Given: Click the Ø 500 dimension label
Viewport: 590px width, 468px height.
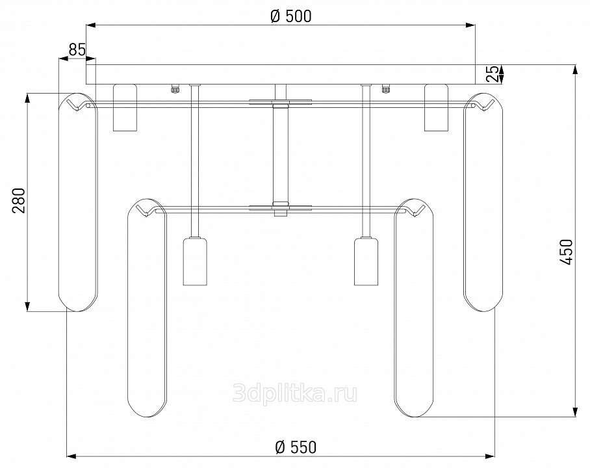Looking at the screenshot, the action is (x=291, y=16).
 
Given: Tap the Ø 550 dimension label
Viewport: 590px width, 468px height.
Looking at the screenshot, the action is (x=296, y=447).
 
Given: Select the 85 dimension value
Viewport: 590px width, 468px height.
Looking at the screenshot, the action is (x=77, y=49).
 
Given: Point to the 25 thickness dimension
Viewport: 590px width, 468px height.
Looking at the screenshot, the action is (x=493, y=74).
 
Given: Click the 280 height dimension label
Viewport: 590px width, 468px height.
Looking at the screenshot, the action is (x=19, y=200).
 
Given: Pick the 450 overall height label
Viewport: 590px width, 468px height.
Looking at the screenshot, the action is (x=567, y=252).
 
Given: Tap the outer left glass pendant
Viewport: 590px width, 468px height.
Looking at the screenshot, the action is (x=78, y=201).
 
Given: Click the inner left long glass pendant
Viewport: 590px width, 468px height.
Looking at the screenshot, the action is (x=146, y=307).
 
